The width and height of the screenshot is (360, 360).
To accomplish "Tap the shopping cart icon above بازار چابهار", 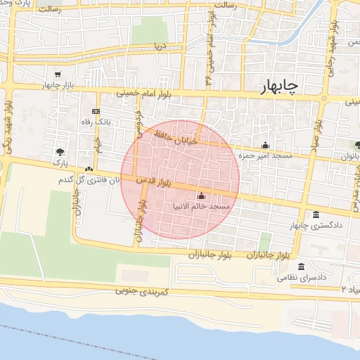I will [x=57, y=75].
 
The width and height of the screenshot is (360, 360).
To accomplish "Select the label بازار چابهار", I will [x=58, y=85].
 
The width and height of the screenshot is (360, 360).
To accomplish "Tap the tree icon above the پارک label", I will [x=62, y=151].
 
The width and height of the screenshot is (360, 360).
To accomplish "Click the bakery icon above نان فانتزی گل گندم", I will [x=89, y=169].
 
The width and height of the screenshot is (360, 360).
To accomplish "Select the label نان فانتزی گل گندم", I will [x=88, y=180].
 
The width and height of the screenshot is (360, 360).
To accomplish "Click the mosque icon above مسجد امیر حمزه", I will [x=265, y=145].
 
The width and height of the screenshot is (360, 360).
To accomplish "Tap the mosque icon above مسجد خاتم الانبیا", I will [x=202, y=196].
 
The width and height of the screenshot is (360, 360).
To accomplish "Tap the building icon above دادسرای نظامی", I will [x=302, y=266].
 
